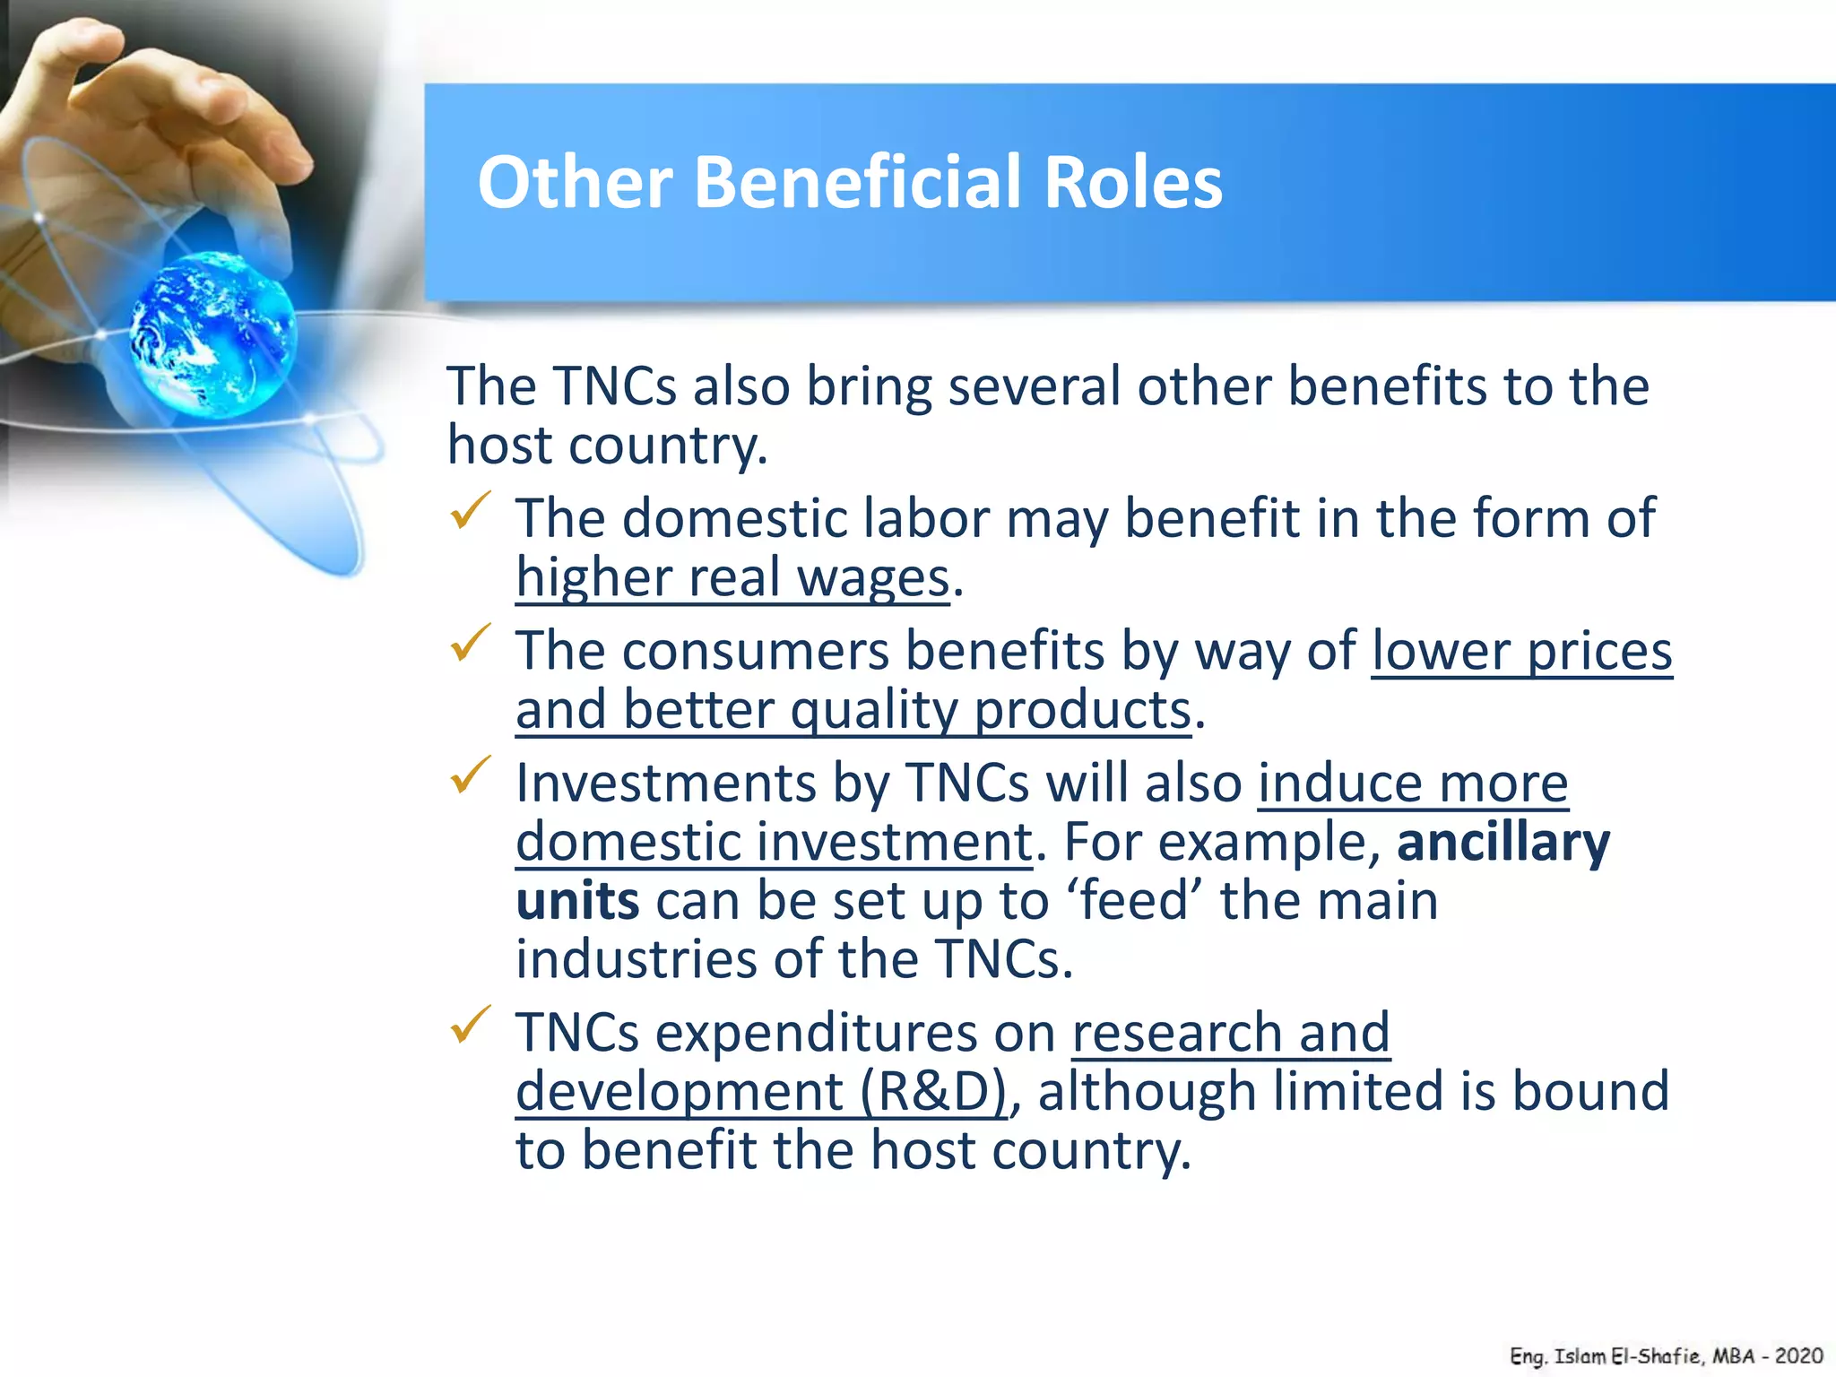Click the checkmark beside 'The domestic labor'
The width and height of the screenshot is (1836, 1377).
click(470, 511)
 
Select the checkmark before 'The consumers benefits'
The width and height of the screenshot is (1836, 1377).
click(470, 643)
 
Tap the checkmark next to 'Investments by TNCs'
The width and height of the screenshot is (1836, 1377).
click(470, 775)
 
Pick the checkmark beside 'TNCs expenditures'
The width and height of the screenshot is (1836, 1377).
click(470, 1025)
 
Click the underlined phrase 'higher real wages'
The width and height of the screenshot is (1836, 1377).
click(732, 578)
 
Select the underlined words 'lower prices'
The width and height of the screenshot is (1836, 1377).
click(1521, 651)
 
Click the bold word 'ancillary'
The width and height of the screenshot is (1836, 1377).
click(1503, 843)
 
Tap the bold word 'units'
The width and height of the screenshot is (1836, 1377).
click(577, 901)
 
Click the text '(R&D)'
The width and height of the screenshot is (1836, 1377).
click(933, 1092)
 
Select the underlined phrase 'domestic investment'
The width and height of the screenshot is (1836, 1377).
click(774, 843)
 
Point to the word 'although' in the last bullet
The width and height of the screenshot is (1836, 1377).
click(1147, 1092)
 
